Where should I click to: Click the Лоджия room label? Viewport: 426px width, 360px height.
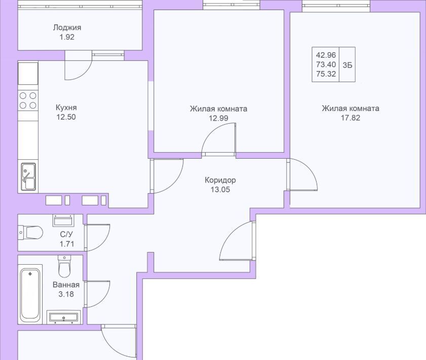point(67,28)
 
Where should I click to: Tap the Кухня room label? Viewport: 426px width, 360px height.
point(66,107)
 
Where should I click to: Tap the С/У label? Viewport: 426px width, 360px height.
point(66,234)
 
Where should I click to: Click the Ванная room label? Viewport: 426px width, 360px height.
point(66,284)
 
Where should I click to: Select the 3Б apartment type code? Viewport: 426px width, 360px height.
point(347,64)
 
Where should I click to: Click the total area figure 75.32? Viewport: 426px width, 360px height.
point(327,75)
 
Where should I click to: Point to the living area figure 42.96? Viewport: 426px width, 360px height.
point(327,55)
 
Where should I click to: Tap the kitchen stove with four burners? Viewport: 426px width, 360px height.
point(28,100)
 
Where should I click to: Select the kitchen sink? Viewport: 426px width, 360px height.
point(28,176)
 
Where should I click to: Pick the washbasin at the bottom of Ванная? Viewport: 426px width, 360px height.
point(63,317)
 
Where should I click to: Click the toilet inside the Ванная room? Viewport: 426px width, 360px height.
point(64,265)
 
